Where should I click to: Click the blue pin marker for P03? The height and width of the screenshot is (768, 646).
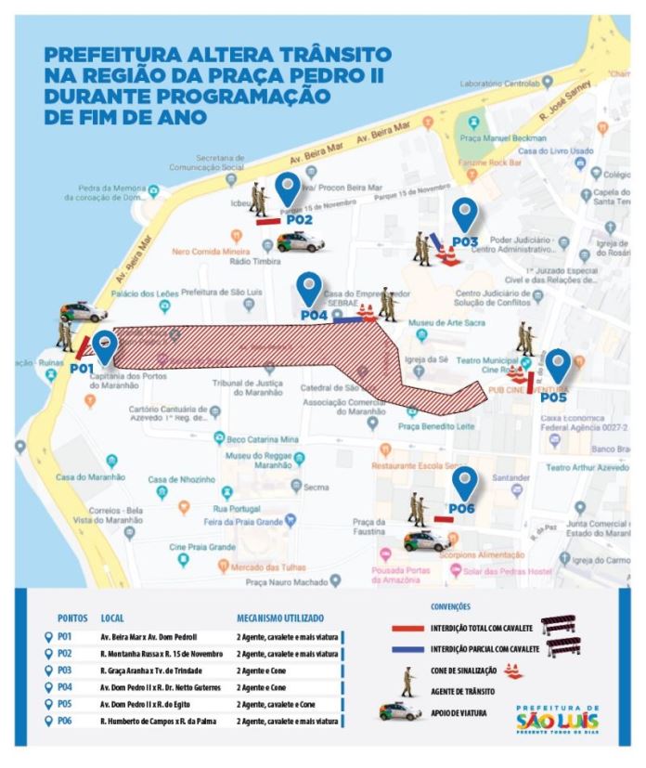(464, 215)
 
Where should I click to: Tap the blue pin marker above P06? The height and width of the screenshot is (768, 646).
(464, 481)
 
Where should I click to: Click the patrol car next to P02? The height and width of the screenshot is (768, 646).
(300, 242)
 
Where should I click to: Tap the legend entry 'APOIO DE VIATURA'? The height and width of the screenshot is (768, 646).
(459, 715)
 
